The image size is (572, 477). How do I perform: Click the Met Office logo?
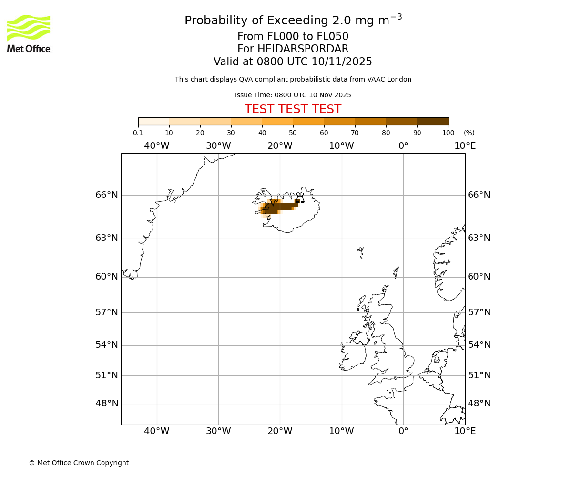click(x=29, y=33)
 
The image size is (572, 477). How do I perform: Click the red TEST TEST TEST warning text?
click(x=293, y=110)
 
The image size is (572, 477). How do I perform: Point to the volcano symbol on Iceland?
click(x=300, y=198)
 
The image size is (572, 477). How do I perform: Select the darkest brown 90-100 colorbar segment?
click(x=433, y=122)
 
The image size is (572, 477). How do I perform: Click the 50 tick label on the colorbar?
click(x=293, y=133)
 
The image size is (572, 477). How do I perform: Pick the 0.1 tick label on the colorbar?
click(x=138, y=133)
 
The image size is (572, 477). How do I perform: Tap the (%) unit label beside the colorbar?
click(x=469, y=133)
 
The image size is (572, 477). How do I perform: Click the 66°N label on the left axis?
click(x=107, y=195)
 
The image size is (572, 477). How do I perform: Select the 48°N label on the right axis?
click(x=479, y=404)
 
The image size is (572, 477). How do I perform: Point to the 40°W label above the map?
click(x=157, y=146)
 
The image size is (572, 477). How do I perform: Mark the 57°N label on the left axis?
click(x=107, y=312)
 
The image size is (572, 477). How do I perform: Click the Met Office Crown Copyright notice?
click(x=79, y=463)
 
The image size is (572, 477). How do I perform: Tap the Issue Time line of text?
click(x=293, y=95)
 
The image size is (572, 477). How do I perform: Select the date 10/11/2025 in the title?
click(x=342, y=62)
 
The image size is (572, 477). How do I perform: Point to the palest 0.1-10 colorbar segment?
click(x=153, y=122)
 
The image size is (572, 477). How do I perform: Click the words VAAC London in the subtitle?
click(x=390, y=80)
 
